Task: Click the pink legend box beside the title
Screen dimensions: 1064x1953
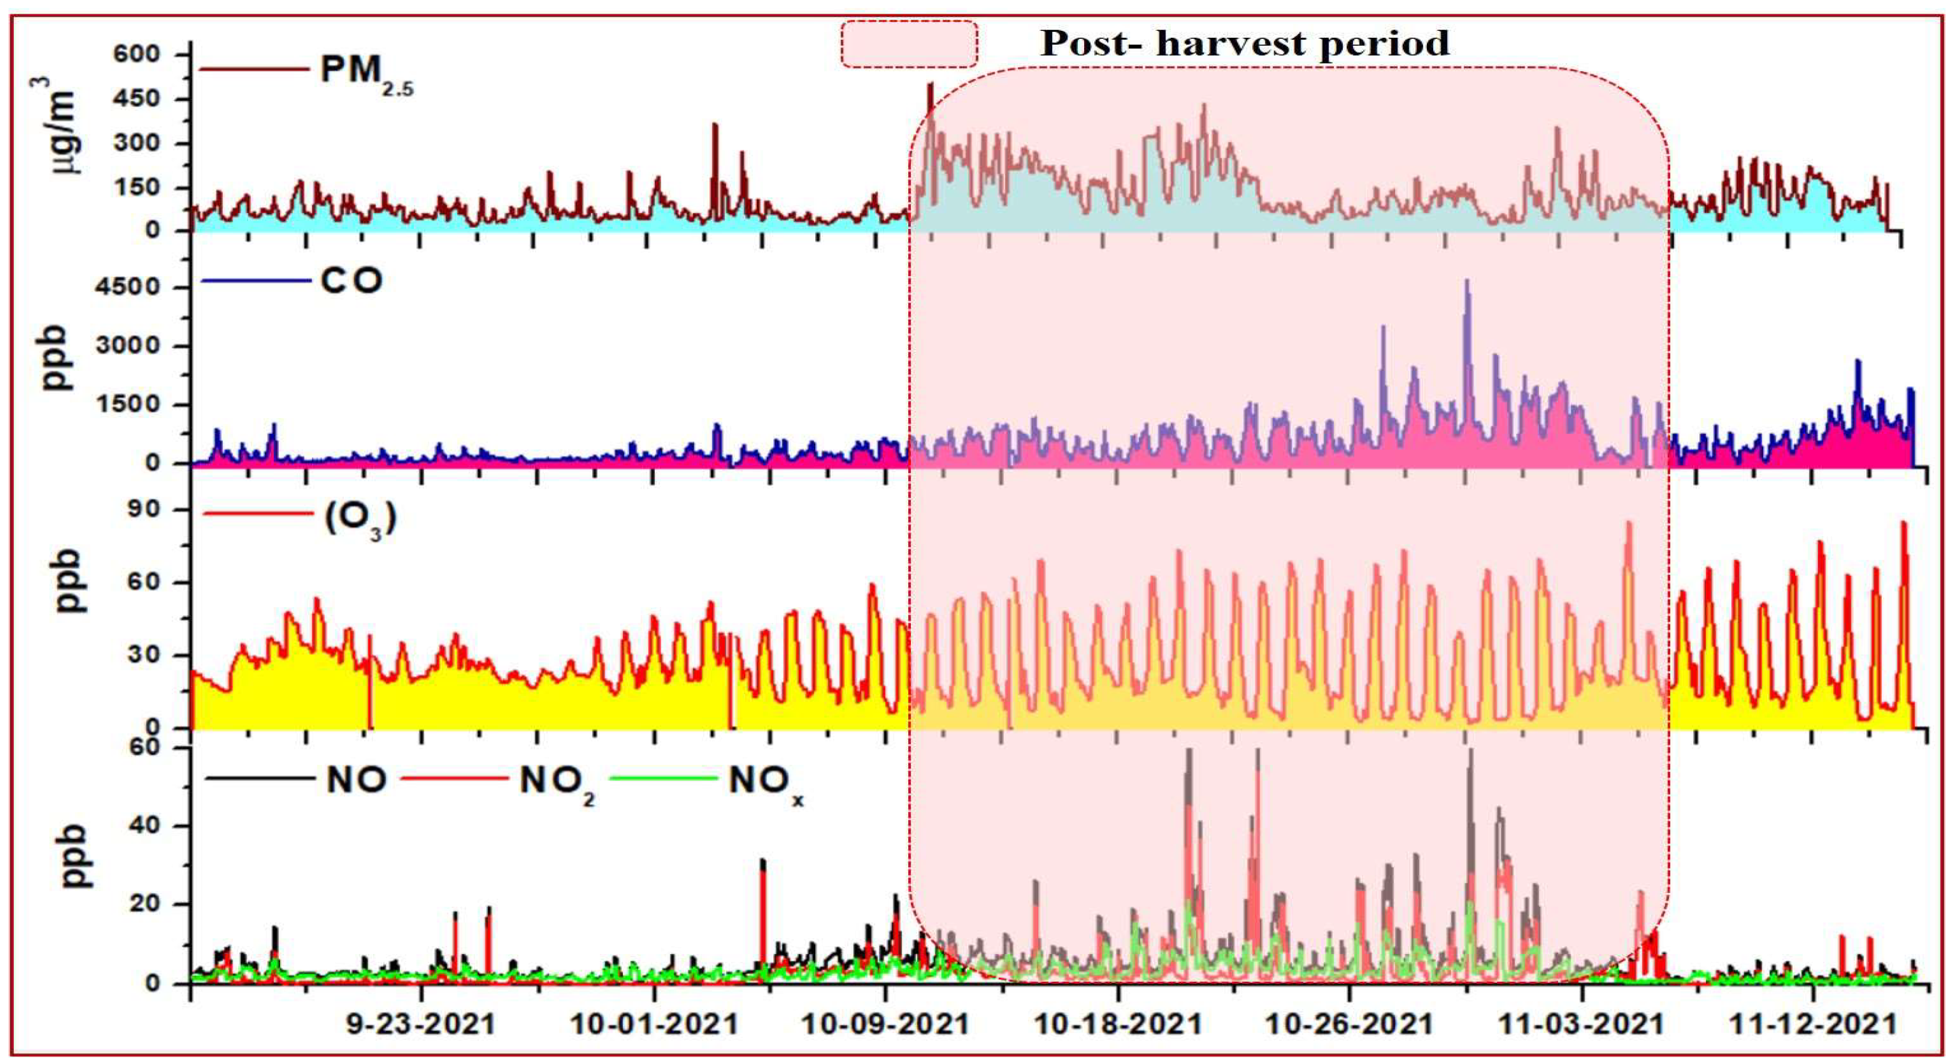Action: click(x=909, y=44)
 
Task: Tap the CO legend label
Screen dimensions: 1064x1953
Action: click(x=351, y=281)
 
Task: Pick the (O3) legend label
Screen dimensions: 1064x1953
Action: click(x=360, y=519)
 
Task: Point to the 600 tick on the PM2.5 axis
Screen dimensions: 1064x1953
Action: click(x=137, y=55)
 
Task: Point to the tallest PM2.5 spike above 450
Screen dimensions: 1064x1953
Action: click(x=930, y=85)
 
